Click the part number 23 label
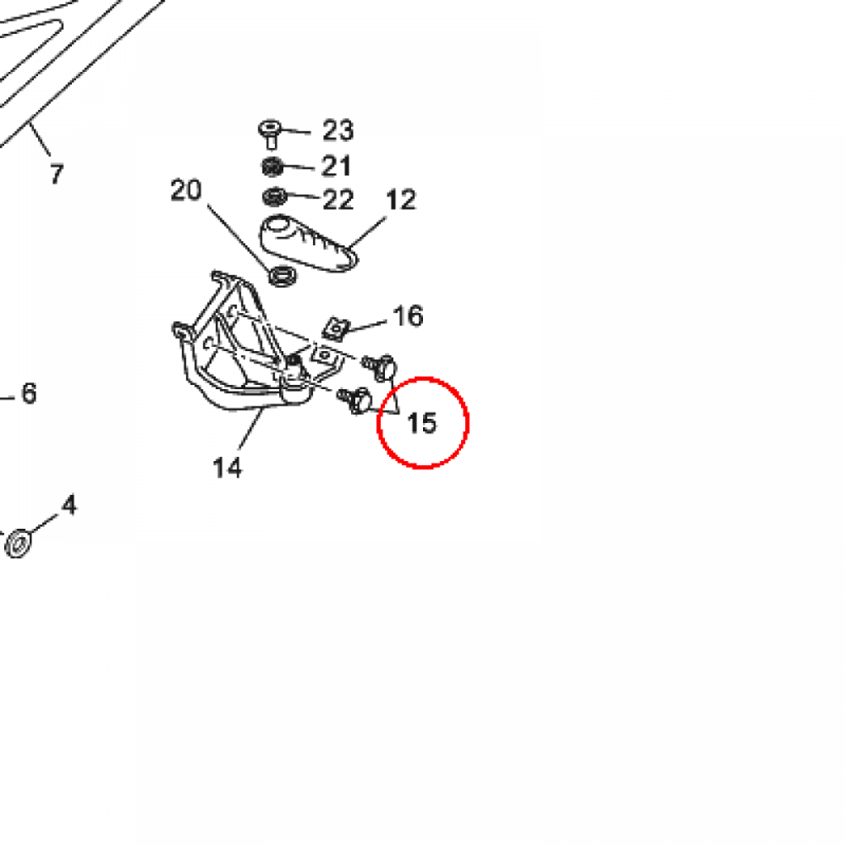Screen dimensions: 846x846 tap(338, 131)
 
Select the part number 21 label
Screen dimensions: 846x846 tap(336, 165)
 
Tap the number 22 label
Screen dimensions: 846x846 tap(338, 200)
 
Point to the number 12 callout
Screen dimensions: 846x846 tap(401, 200)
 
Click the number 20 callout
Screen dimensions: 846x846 tap(186, 190)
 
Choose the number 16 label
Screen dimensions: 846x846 tap(408, 316)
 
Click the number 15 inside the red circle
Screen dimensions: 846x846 tap(422, 423)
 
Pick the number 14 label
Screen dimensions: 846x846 tap(227, 468)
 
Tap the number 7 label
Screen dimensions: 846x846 tap(57, 173)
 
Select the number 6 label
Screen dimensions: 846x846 tap(29, 392)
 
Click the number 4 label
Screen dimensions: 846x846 tap(69, 505)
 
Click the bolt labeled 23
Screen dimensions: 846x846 tap(270, 134)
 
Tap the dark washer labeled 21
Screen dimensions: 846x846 tap(273, 167)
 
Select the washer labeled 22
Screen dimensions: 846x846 tap(274, 197)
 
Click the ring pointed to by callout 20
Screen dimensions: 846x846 tap(283, 276)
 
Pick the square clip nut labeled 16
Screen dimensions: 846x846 tap(335, 329)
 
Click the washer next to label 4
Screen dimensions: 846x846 tap(18, 544)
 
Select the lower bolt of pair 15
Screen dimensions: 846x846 tap(355, 401)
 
